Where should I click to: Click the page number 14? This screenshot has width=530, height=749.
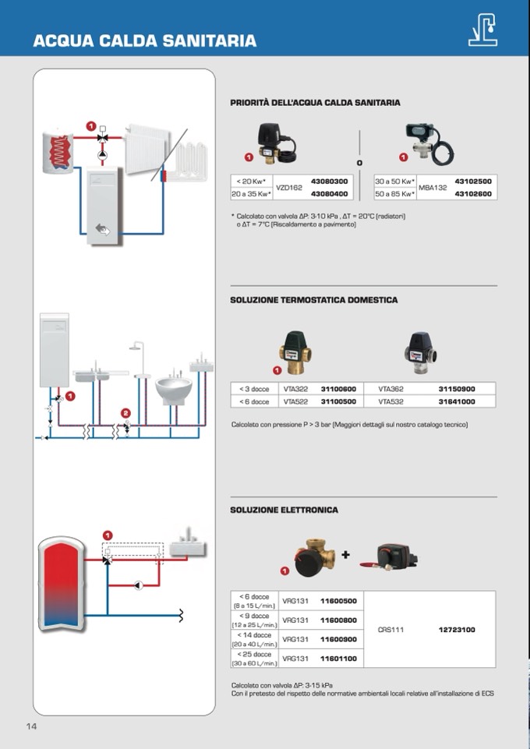[x=32, y=726]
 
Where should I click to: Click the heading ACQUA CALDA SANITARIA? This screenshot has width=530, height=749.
[x=144, y=41]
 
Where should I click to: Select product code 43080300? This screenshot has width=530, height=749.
[x=329, y=181]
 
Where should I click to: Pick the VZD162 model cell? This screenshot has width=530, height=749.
[x=289, y=187]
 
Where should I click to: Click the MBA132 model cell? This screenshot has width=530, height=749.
[x=433, y=187]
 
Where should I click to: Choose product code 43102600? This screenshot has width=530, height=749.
[x=472, y=193]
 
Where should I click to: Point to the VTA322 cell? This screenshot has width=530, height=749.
[x=295, y=388]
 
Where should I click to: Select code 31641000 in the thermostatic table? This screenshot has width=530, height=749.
[x=456, y=401]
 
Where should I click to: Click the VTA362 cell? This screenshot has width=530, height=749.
[x=391, y=388]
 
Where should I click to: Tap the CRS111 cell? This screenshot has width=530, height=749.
[x=390, y=629]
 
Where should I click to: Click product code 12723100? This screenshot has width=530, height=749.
[x=456, y=629]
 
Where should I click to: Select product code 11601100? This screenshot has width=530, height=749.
[x=338, y=659]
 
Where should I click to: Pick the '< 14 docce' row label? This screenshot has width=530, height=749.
[x=255, y=635]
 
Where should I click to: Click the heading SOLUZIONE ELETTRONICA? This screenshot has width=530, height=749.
[x=284, y=510]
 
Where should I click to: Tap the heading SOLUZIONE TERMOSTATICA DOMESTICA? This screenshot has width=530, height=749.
[x=313, y=300]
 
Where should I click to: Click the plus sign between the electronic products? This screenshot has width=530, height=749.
[x=345, y=555]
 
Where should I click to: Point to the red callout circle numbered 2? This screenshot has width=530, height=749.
[x=125, y=412]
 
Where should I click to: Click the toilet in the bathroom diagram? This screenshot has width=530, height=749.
[x=173, y=387]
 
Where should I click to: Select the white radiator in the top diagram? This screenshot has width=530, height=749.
[x=147, y=148]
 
